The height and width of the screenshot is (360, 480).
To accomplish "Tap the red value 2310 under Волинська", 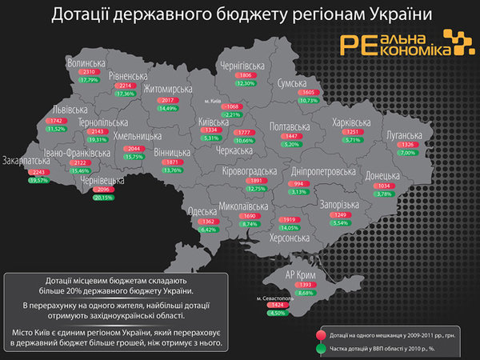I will pyautogui.click(x=88, y=72).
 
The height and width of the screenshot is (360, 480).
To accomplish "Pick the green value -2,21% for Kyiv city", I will pyautogui.click(x=232, y=115).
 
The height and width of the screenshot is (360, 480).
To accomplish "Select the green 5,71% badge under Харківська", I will pyautogui.click(x=353, y=139).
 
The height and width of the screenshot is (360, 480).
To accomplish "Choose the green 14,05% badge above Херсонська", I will pyautogui.click(x=290, y=227).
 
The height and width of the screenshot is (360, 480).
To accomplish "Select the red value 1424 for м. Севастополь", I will pyautogui.click(x=278, y=305).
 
